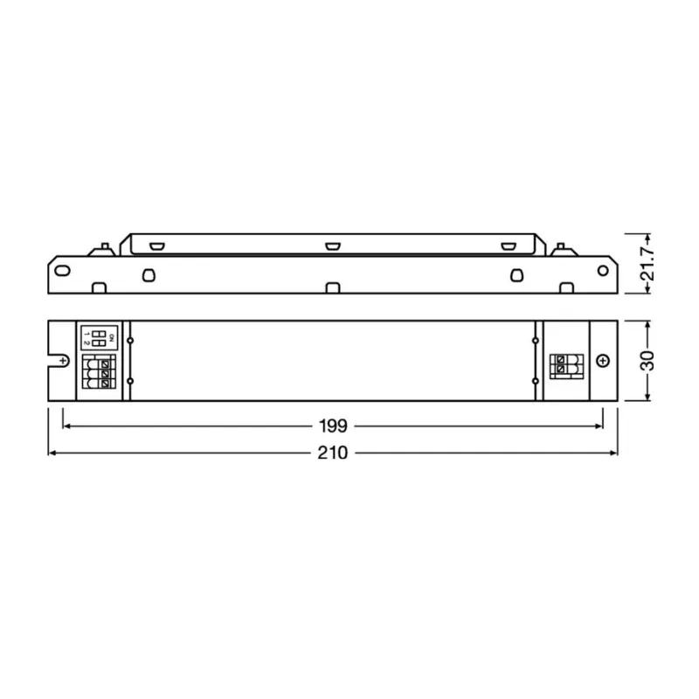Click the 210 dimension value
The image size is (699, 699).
(334, 453)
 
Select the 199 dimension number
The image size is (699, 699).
(334, 426)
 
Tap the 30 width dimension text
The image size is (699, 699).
(647, 360)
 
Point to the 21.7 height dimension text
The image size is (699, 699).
(647, 264)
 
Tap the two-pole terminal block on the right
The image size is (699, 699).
(567, 365)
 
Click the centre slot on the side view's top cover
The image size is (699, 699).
(331, 246)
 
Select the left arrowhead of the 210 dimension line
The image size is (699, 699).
(51, 453)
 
